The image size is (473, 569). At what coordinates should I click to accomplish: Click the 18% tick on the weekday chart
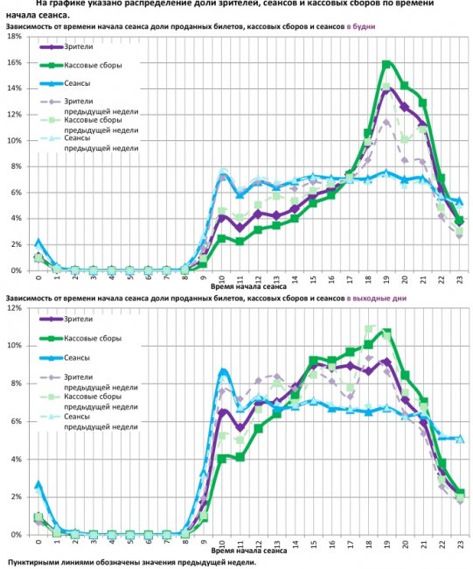click(x=15, y=38)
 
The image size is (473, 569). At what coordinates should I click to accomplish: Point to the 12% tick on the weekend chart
click(x=15, y=308)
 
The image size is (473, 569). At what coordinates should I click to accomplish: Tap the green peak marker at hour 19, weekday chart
click(x=386, y=65)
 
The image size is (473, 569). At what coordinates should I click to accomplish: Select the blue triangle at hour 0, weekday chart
click(x=38, y=242)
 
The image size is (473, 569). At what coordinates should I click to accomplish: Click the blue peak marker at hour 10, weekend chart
click(x=222, y=372)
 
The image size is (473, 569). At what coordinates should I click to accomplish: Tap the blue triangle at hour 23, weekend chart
click(x=460, y=438)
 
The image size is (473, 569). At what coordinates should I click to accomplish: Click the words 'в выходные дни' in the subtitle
click(x=376, y=299)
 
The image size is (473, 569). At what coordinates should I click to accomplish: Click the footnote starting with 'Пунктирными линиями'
click(x=132, y=561)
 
